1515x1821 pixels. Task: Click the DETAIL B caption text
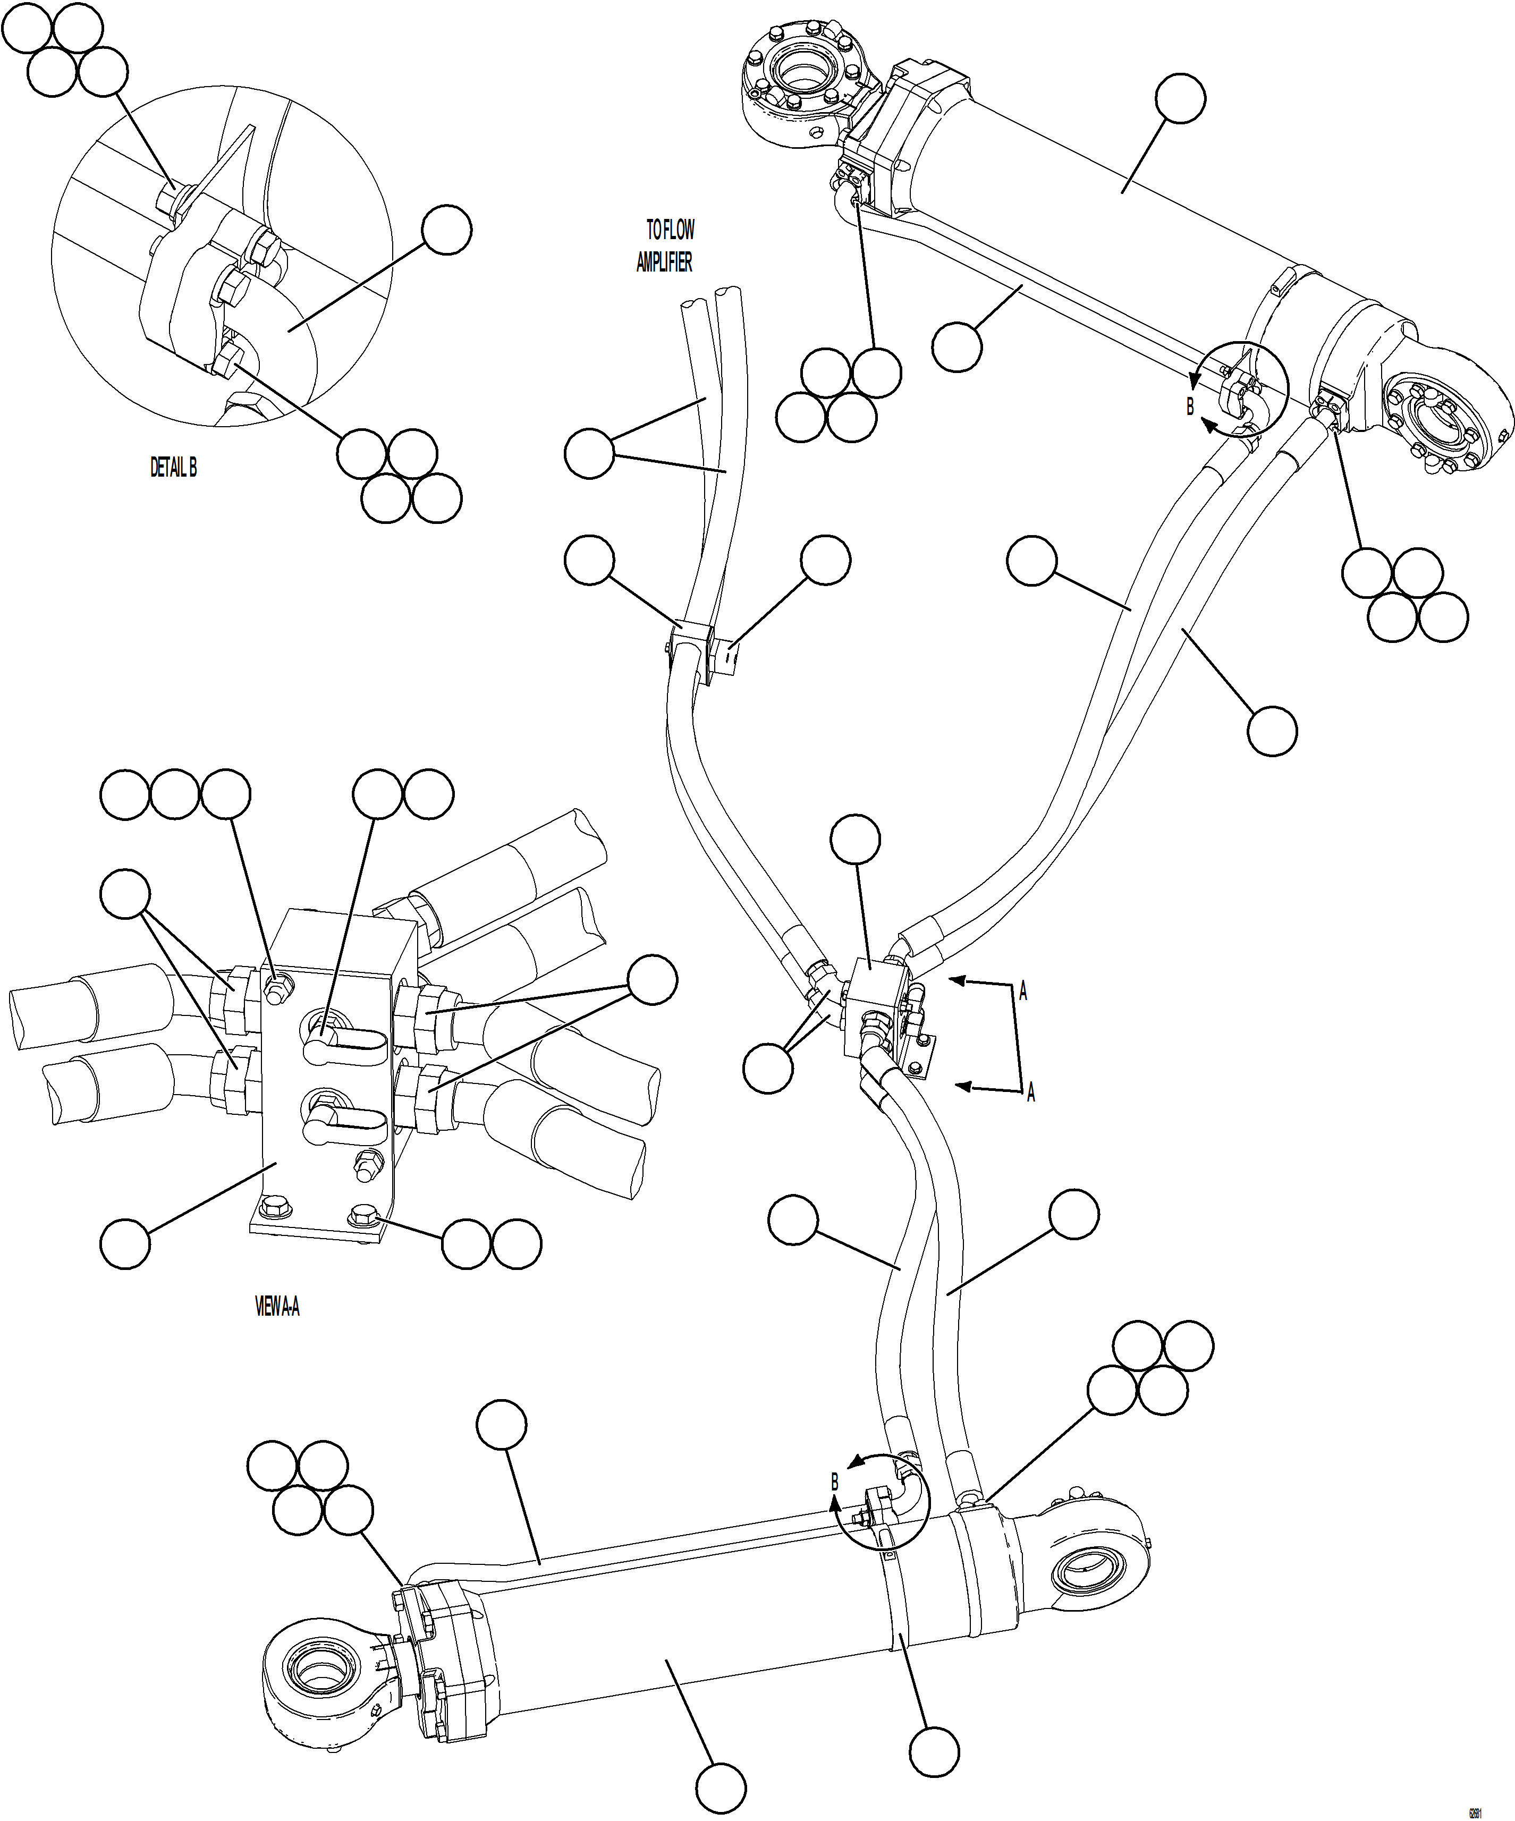173,468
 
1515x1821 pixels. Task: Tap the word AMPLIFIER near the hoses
664,262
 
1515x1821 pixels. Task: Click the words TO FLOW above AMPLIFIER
670,230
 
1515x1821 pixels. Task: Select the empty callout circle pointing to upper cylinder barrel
1180,99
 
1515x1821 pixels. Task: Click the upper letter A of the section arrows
1023,992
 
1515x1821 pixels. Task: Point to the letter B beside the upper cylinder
1190,406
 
